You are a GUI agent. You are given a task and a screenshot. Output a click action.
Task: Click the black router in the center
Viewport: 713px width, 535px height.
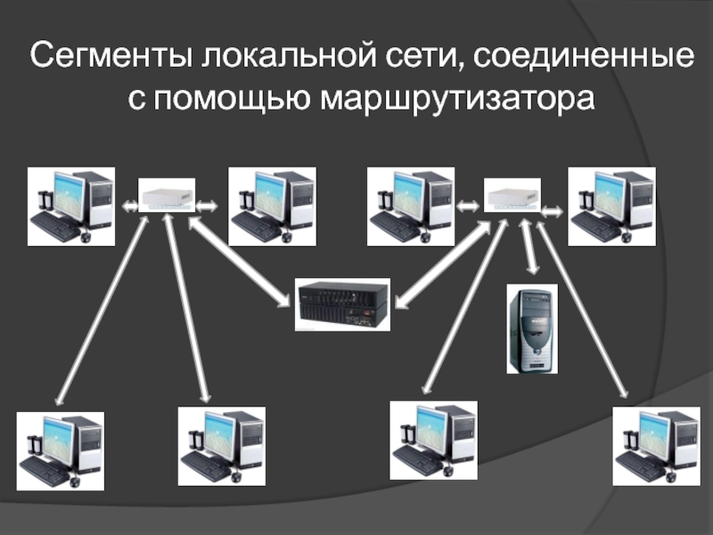(x=342, y=304)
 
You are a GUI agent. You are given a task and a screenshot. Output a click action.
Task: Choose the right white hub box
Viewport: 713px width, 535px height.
(x=512, y=193)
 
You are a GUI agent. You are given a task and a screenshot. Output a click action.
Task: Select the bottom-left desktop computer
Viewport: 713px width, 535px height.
(x=61, y=450)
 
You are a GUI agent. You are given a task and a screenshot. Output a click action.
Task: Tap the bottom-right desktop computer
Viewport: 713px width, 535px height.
(x=656, y=445)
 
